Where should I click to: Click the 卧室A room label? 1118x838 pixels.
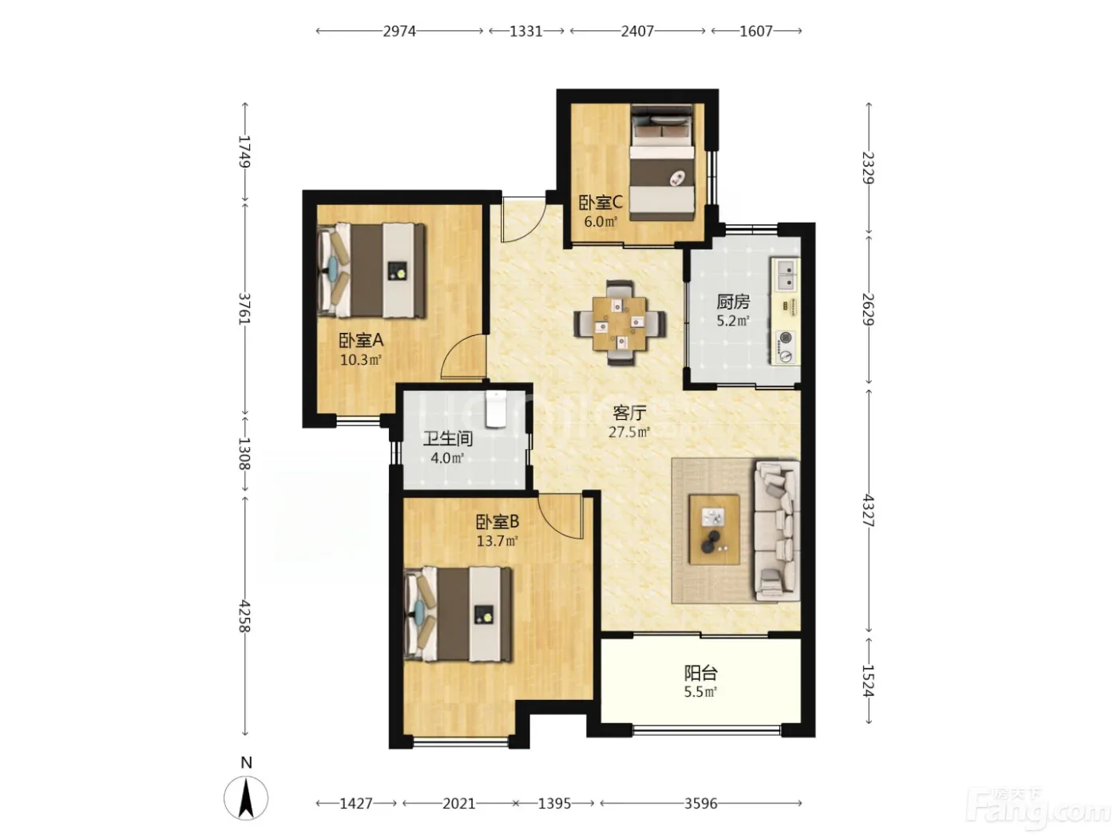coord(360,340)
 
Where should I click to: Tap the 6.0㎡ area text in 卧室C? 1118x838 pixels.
coord(601,222)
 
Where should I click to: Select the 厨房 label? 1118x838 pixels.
coord(732,302)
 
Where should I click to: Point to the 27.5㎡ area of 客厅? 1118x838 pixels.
coord(629,432)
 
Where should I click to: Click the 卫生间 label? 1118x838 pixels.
coord(448,439)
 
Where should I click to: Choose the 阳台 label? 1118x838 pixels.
coord(700,673)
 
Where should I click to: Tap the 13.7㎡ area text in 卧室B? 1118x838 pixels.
coord(497,541)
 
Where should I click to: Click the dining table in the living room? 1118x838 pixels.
coord(620,323)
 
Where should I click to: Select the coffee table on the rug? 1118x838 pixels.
coord(714,530)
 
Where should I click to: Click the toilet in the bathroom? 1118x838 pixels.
coord(495,409)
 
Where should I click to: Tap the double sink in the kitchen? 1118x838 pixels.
coord(787,274)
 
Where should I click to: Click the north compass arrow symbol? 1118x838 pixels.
coord(246,798)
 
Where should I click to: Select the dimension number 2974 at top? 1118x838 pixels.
coord(399,32)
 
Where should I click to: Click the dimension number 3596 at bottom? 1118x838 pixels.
coord(700,804)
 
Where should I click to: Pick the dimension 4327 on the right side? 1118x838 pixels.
coord(868,511)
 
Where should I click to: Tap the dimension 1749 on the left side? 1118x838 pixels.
coord(245,152)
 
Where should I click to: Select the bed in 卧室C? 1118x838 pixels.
coord(663,163)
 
